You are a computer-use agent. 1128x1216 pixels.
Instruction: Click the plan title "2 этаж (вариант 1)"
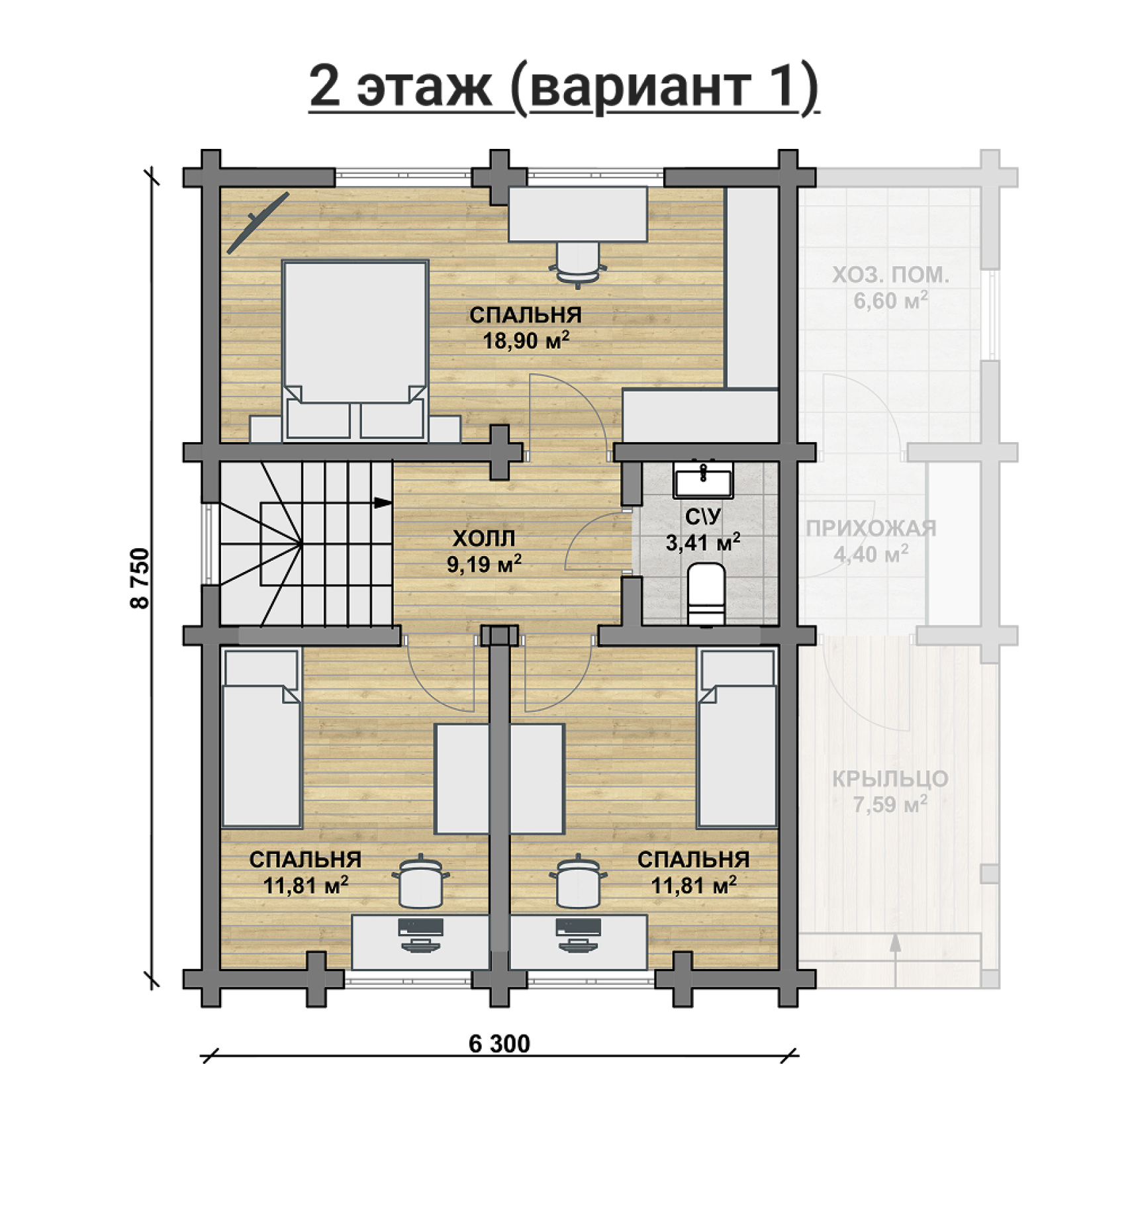tap(564, 87)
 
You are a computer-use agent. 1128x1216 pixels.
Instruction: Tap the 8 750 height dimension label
tap(140, 577)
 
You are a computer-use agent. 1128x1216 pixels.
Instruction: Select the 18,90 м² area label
tap(526, 340)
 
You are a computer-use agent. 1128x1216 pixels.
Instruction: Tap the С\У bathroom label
tap(703, 516)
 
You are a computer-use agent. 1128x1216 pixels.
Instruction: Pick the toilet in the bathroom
tap(706, 594)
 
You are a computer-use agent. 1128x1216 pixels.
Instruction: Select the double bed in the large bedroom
tap(355, 351)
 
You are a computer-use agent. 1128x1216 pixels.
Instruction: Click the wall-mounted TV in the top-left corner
tap(258, 222)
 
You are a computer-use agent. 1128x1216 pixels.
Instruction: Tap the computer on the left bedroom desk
tap(421, 935)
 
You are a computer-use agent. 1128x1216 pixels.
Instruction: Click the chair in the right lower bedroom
tap(578, 880)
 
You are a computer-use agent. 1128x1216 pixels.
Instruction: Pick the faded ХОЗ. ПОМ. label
tap(890, 275)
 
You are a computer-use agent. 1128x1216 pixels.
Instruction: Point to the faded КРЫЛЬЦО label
tap(890, 779)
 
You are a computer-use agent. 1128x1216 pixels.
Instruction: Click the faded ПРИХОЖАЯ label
tap(871, 528)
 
